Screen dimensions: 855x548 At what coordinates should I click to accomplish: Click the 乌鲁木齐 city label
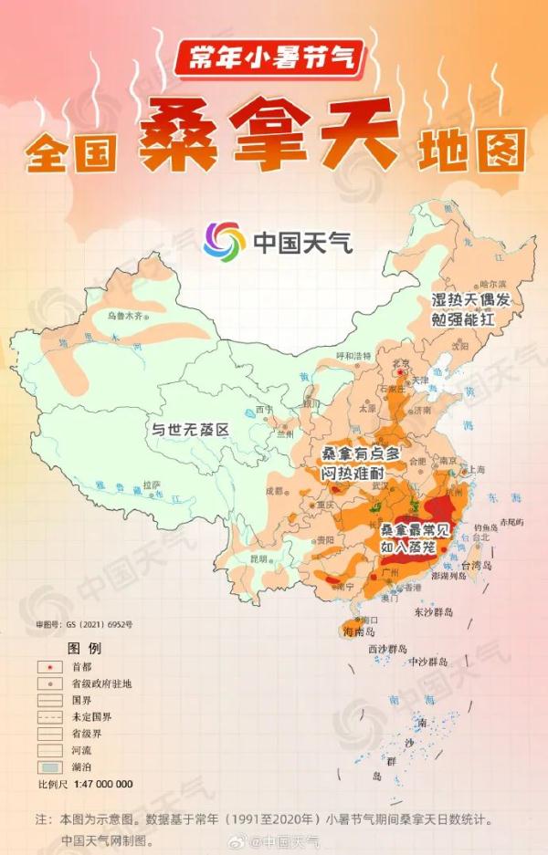click(x=125, y=316)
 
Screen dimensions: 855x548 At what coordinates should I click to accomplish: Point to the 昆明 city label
click(x=258, y=557)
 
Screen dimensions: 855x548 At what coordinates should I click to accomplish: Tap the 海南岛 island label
click(x=359, y=631)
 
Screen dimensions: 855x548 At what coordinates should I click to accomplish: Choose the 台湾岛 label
click(x=476, y=566)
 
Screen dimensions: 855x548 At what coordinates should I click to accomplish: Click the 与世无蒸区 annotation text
click(x=190, y=428)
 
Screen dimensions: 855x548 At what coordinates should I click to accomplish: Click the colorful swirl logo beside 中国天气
click(x=224, y=242)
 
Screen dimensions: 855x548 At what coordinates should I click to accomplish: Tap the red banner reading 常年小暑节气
click(x=271, y=59)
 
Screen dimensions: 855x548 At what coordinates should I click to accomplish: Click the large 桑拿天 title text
click(x=269, y=135)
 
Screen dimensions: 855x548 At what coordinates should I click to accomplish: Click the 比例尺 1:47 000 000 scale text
click(x=85, y=784)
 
